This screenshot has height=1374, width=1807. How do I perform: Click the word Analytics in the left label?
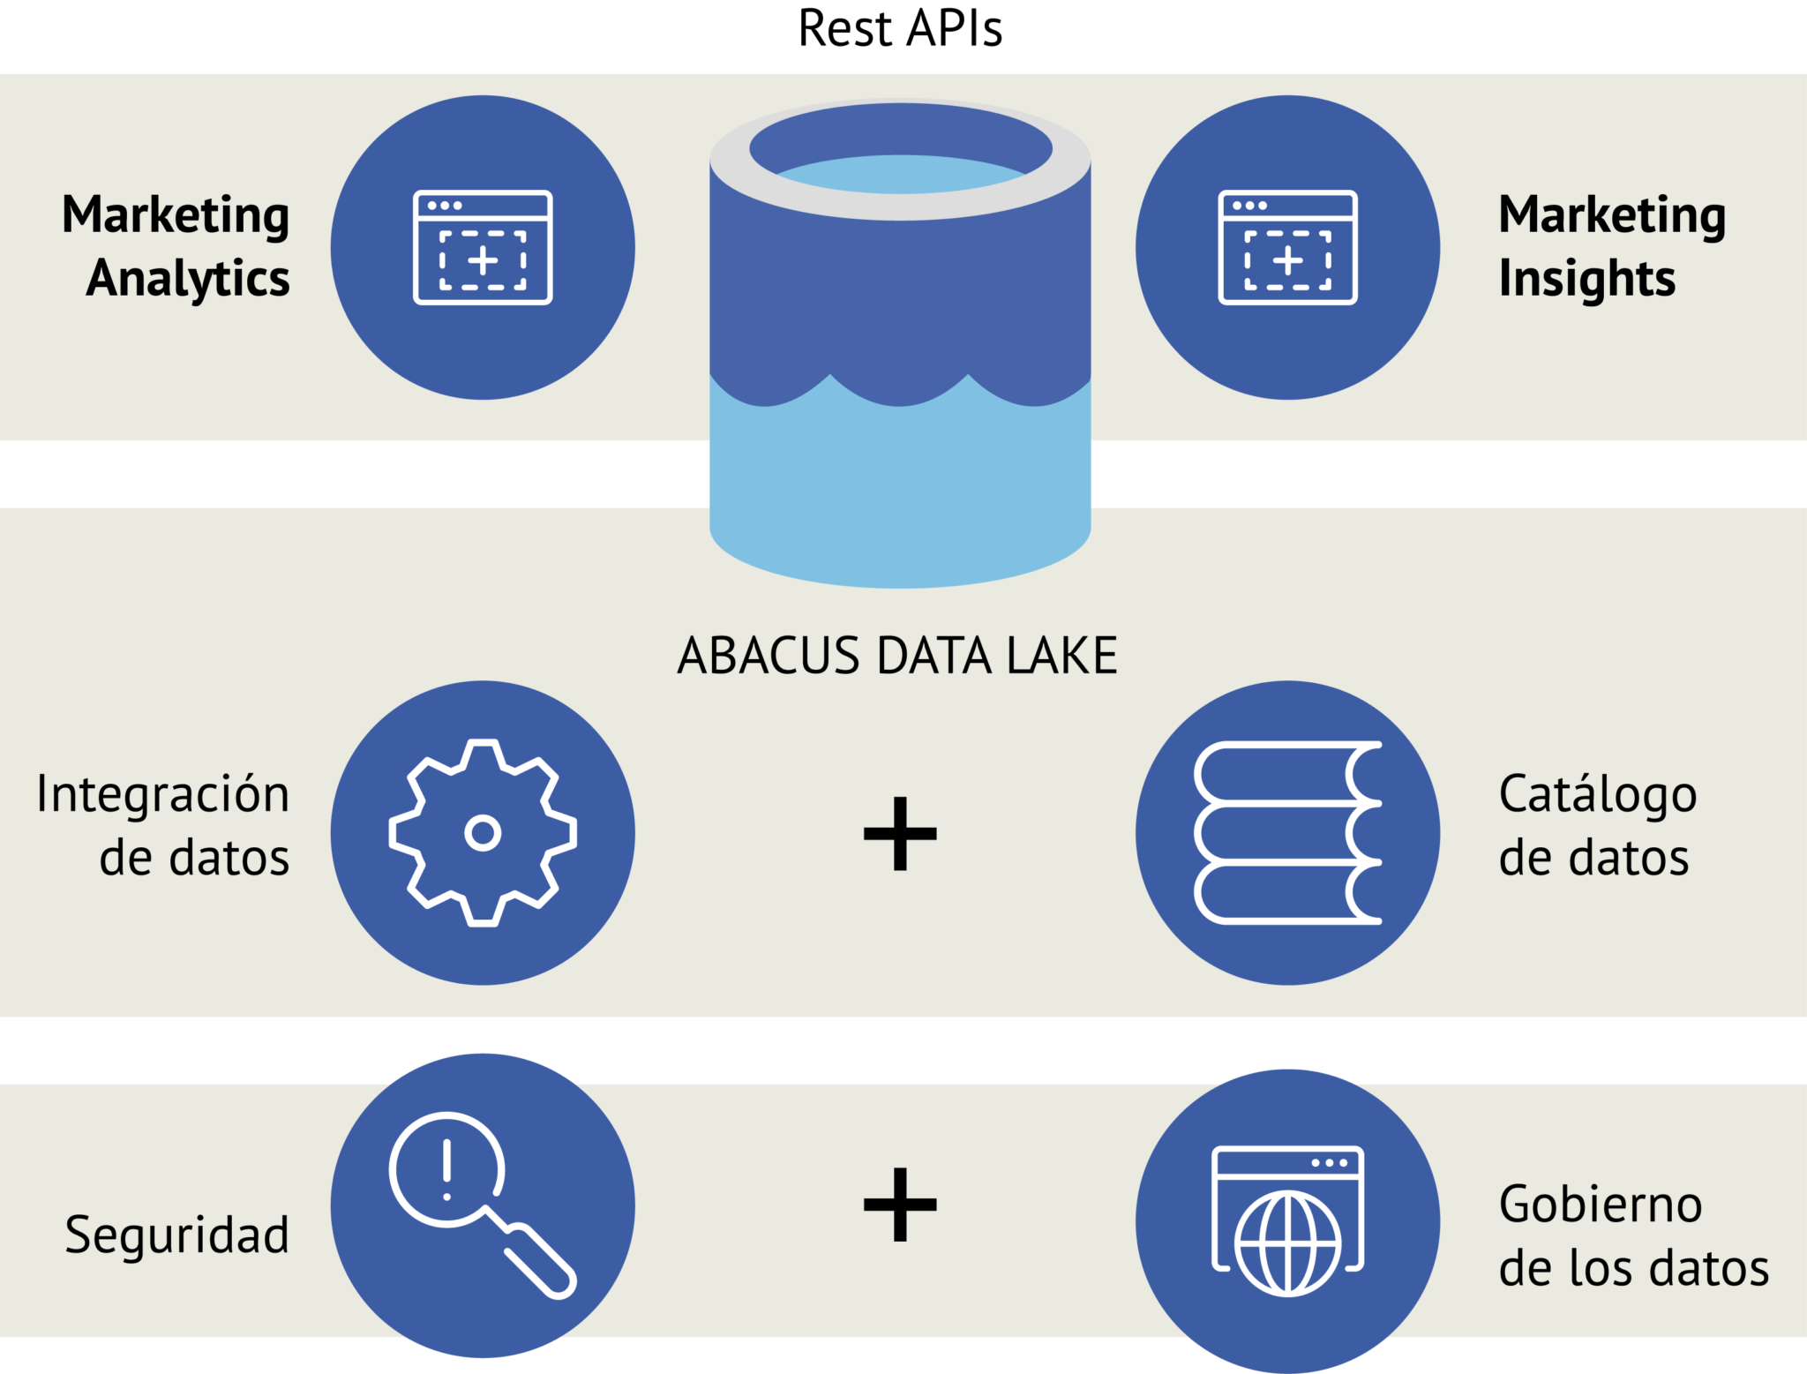click(188, 279)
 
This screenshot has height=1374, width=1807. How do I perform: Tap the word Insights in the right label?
click(1586, 279)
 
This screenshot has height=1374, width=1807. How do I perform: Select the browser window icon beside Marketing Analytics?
click(483, 248)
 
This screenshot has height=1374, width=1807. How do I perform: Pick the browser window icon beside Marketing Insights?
click(1287, 248)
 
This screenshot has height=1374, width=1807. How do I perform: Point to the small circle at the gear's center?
click(483, 832)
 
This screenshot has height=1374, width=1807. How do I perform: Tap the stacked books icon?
click(1287, 832)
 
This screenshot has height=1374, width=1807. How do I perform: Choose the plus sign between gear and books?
click(900, 833)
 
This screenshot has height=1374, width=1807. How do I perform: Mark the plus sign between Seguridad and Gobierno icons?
click(900, 1205)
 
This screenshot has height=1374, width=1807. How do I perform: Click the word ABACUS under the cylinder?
click(768, 656)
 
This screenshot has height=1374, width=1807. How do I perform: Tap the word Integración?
click(163, 793)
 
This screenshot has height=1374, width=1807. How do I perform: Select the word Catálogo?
click(1597, 794)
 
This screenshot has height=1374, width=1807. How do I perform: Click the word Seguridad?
click(176, 1234)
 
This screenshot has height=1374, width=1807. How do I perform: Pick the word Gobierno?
click(1600, 1205)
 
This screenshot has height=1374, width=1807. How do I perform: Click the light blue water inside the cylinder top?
click(900, 175)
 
